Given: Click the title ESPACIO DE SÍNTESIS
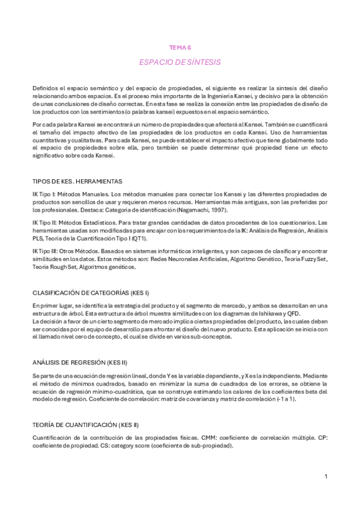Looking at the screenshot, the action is [x=180, y=61].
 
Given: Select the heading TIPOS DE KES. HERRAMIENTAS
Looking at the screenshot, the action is [x=77, y=181].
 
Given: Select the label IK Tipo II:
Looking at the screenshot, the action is [x=46, y=223].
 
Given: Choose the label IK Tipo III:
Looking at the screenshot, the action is [x=46, y=250].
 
